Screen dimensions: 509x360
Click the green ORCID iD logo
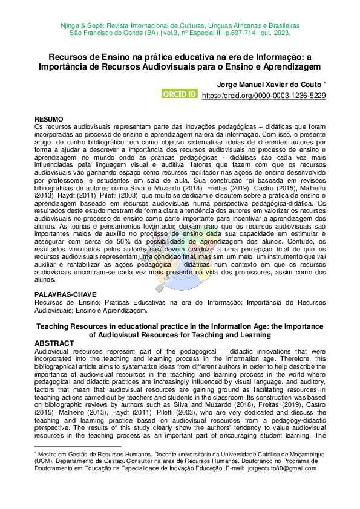tap(180, 94)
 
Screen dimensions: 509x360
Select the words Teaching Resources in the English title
tap(69, 327)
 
